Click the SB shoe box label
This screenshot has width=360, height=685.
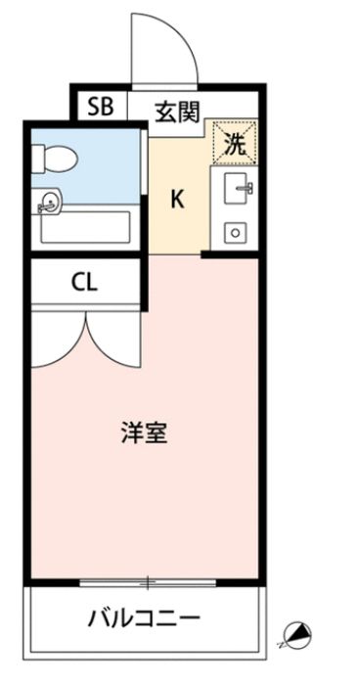(101, 105)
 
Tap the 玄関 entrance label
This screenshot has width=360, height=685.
(177, 111)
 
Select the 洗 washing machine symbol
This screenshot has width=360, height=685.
(236, 144)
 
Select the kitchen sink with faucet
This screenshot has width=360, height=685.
(238, 189)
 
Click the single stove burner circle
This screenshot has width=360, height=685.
(235, 233)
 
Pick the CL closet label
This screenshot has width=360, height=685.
(84, 283)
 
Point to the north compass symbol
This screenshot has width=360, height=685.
(293, 636)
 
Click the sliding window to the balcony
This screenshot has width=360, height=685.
(146, 584)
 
